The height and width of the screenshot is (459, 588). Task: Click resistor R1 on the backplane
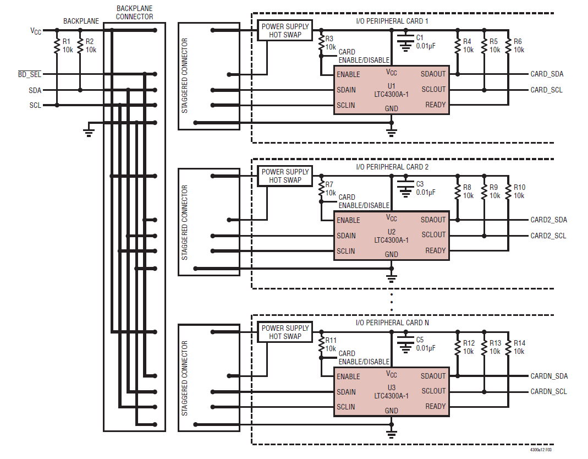(57, 46)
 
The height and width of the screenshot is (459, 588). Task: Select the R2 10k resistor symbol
(80, 46)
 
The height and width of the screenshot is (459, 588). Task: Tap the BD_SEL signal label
(30, 74)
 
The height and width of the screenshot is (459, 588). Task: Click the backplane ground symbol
(89, 133)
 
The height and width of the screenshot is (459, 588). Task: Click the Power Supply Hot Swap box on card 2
(285, 176)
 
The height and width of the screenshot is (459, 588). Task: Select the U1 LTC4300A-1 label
(391, 90)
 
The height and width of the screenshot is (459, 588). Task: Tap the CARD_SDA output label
(547, 74)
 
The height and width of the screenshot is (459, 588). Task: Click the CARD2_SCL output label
(548, 236)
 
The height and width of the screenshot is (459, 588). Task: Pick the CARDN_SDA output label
(549, 376)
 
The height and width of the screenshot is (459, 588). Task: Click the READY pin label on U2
(436, 250)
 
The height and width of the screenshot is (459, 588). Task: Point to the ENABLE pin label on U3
(348, 376)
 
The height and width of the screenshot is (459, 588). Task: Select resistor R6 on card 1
(508, 46)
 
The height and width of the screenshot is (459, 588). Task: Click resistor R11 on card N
(321, 345)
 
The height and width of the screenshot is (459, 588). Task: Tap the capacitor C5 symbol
(405, 342)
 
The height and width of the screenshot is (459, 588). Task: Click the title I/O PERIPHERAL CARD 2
(392, 167)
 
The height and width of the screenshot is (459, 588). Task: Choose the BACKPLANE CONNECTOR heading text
(134, 13)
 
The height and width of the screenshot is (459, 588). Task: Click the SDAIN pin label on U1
(346, 90)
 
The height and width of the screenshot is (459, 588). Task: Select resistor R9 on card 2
(484, 192)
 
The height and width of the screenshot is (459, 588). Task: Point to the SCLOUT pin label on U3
(433, 391)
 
